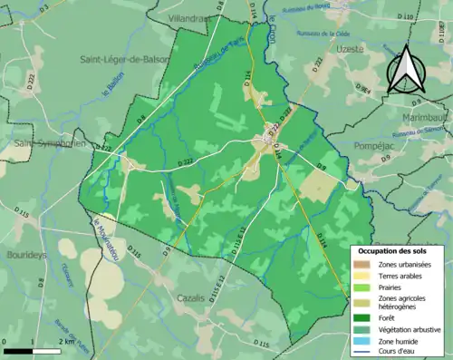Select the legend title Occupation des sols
396,251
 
